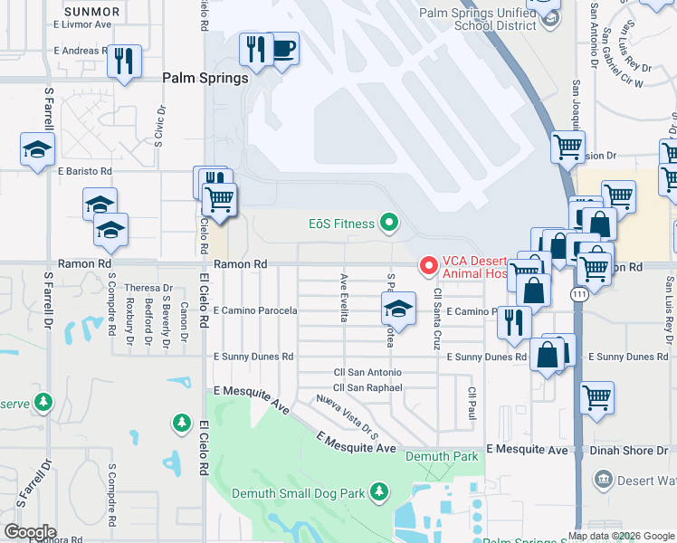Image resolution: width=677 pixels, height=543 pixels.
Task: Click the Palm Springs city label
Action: [x=205, y=78]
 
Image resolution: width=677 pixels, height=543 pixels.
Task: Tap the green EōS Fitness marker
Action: [x=390, y=222]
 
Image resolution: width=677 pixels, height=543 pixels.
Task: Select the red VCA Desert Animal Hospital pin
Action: [x=428, y=264]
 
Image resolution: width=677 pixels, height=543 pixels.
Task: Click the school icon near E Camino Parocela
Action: [x=398, y=309]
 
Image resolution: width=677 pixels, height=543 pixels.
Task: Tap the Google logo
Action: [x=30, y=531]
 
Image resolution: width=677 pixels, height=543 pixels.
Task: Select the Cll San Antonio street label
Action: [x=367, y=372]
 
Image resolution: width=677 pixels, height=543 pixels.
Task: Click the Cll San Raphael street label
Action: [x=367, y=387]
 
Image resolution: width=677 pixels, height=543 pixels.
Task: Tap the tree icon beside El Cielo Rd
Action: [x=182, y=422]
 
